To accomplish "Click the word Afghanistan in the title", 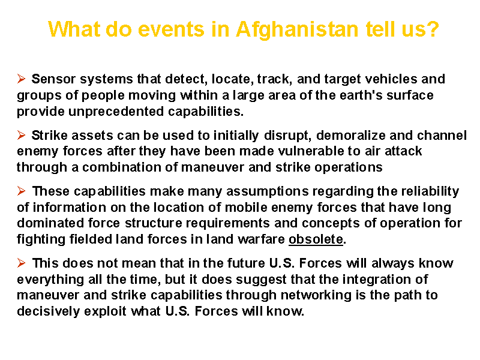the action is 297,29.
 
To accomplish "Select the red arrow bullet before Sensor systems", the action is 21,79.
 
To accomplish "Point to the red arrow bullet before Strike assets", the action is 21,135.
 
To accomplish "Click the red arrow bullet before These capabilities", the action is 21,191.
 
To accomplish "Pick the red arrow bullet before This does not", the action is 21,263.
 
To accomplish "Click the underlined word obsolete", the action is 316,239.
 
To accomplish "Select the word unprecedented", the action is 116,112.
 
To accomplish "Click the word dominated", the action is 50,223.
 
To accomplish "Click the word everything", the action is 50,280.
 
